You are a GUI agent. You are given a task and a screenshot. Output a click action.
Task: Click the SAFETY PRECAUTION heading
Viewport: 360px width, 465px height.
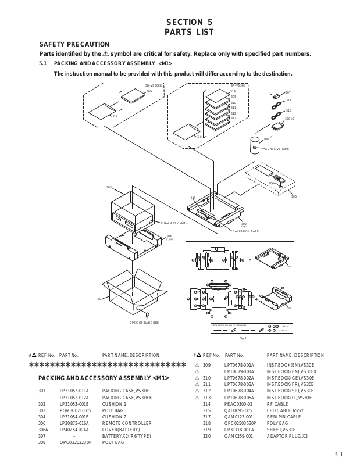(74, 44)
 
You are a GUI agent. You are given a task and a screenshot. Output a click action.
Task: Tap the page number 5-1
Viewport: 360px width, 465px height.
(339, 455)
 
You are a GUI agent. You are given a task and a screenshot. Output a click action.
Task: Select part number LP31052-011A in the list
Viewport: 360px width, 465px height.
(74, 391)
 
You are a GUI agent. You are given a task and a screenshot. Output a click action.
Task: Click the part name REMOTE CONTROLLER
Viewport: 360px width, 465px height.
(127, 423)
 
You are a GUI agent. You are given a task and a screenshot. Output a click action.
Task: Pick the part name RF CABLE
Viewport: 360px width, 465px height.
(277, 403)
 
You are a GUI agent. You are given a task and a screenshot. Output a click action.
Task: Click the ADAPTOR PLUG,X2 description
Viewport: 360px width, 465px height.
(287, 436)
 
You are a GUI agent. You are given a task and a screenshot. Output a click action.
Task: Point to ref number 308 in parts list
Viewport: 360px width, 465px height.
(42, 442)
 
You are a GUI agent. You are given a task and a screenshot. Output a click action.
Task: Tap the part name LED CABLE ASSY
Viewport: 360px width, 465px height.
(285, 410)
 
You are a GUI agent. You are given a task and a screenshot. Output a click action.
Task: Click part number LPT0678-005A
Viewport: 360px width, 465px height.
(239, 397)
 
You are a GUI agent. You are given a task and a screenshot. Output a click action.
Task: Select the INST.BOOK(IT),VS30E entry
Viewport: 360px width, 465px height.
(290, 397)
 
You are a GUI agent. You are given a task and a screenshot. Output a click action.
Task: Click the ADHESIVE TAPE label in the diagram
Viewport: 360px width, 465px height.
(277, 149)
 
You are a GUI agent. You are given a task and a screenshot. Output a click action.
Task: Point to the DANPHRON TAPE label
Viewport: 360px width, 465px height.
(244, 231)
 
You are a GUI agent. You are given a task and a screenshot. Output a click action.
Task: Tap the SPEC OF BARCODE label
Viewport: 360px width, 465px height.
(144, 322)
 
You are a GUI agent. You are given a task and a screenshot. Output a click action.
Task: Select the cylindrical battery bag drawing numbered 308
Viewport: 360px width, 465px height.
(254, 145)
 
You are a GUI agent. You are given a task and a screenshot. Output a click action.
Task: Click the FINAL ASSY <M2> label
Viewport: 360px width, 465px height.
(174, 223)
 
